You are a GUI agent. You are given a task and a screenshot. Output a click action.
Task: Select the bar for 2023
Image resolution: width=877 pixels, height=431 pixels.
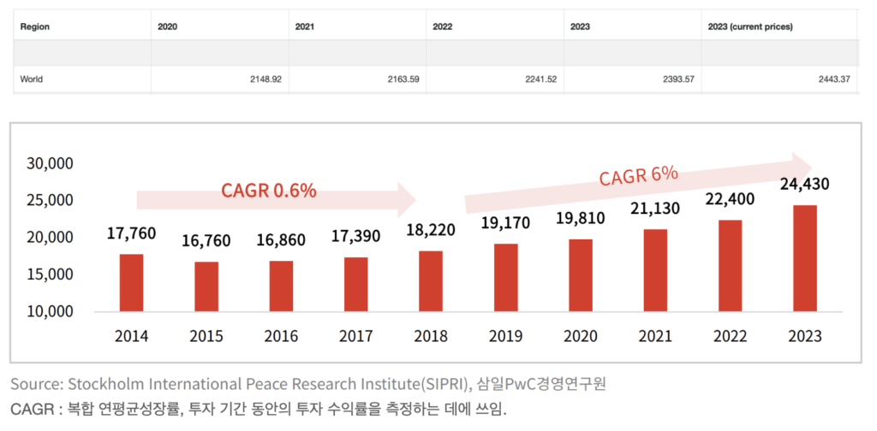[804, 258]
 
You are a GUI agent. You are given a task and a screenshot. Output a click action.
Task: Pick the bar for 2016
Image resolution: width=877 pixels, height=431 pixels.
[281, 286]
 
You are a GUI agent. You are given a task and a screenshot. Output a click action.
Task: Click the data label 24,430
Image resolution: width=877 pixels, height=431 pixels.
[804, 184]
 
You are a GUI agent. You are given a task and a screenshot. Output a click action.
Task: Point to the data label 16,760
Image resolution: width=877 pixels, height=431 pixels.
[206, 240]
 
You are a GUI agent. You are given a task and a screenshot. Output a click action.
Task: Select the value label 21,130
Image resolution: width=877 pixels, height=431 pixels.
[654, 209]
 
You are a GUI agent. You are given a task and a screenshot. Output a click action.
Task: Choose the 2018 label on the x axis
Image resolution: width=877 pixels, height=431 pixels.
[431, 336]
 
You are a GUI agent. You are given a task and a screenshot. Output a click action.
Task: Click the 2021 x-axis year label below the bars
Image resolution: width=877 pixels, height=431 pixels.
[654, 336]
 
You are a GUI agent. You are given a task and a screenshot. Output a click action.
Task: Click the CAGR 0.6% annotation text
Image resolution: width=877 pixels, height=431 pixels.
[269, 191]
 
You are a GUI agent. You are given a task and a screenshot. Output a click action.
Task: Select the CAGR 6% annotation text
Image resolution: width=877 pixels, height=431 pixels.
[639, 175]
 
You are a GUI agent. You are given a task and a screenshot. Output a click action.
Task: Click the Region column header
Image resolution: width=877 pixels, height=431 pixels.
[35, 27]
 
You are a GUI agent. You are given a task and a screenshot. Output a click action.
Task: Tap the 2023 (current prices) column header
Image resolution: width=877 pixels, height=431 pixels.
[750, 27]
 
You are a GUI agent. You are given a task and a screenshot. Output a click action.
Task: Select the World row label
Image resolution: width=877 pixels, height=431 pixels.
[32, 80]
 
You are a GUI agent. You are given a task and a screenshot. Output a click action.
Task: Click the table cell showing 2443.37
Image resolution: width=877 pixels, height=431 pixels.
[830, 80]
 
